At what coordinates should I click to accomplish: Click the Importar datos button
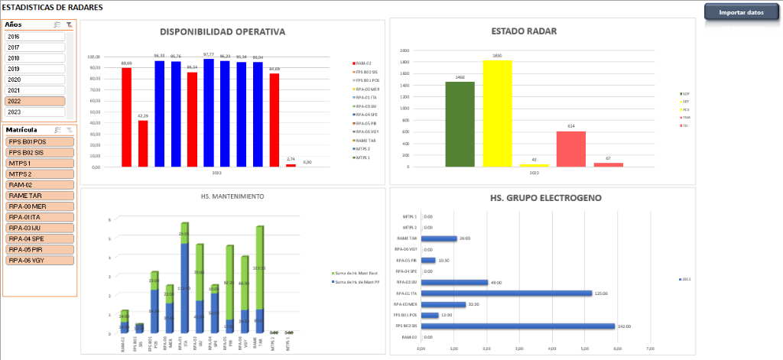tap(739, 12)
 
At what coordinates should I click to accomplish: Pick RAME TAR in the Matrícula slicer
tap(39, 196)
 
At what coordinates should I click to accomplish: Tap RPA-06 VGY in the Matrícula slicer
tap(39, 260)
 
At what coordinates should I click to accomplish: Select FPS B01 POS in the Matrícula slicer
tap(39, 142)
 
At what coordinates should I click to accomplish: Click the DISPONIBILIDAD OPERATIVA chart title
tap(222, 32)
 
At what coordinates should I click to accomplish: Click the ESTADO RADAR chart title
tap(523, 31)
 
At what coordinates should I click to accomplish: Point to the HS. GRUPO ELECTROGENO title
tap(545, 198)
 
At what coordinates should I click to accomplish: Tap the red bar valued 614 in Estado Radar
tap(570, 149)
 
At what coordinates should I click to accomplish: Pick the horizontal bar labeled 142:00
tap(518, 326)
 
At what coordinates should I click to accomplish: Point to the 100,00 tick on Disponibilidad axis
tap(94, 57)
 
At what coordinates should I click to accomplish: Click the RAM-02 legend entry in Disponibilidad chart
tap(362, 63)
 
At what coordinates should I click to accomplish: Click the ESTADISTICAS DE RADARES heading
tap(53, 8)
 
